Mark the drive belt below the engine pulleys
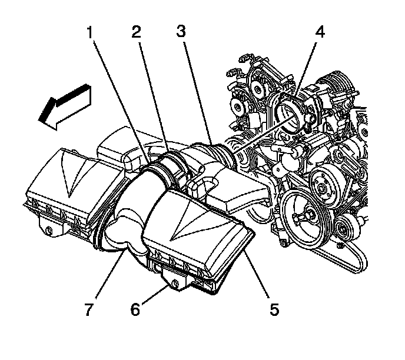(x=353, y=259)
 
